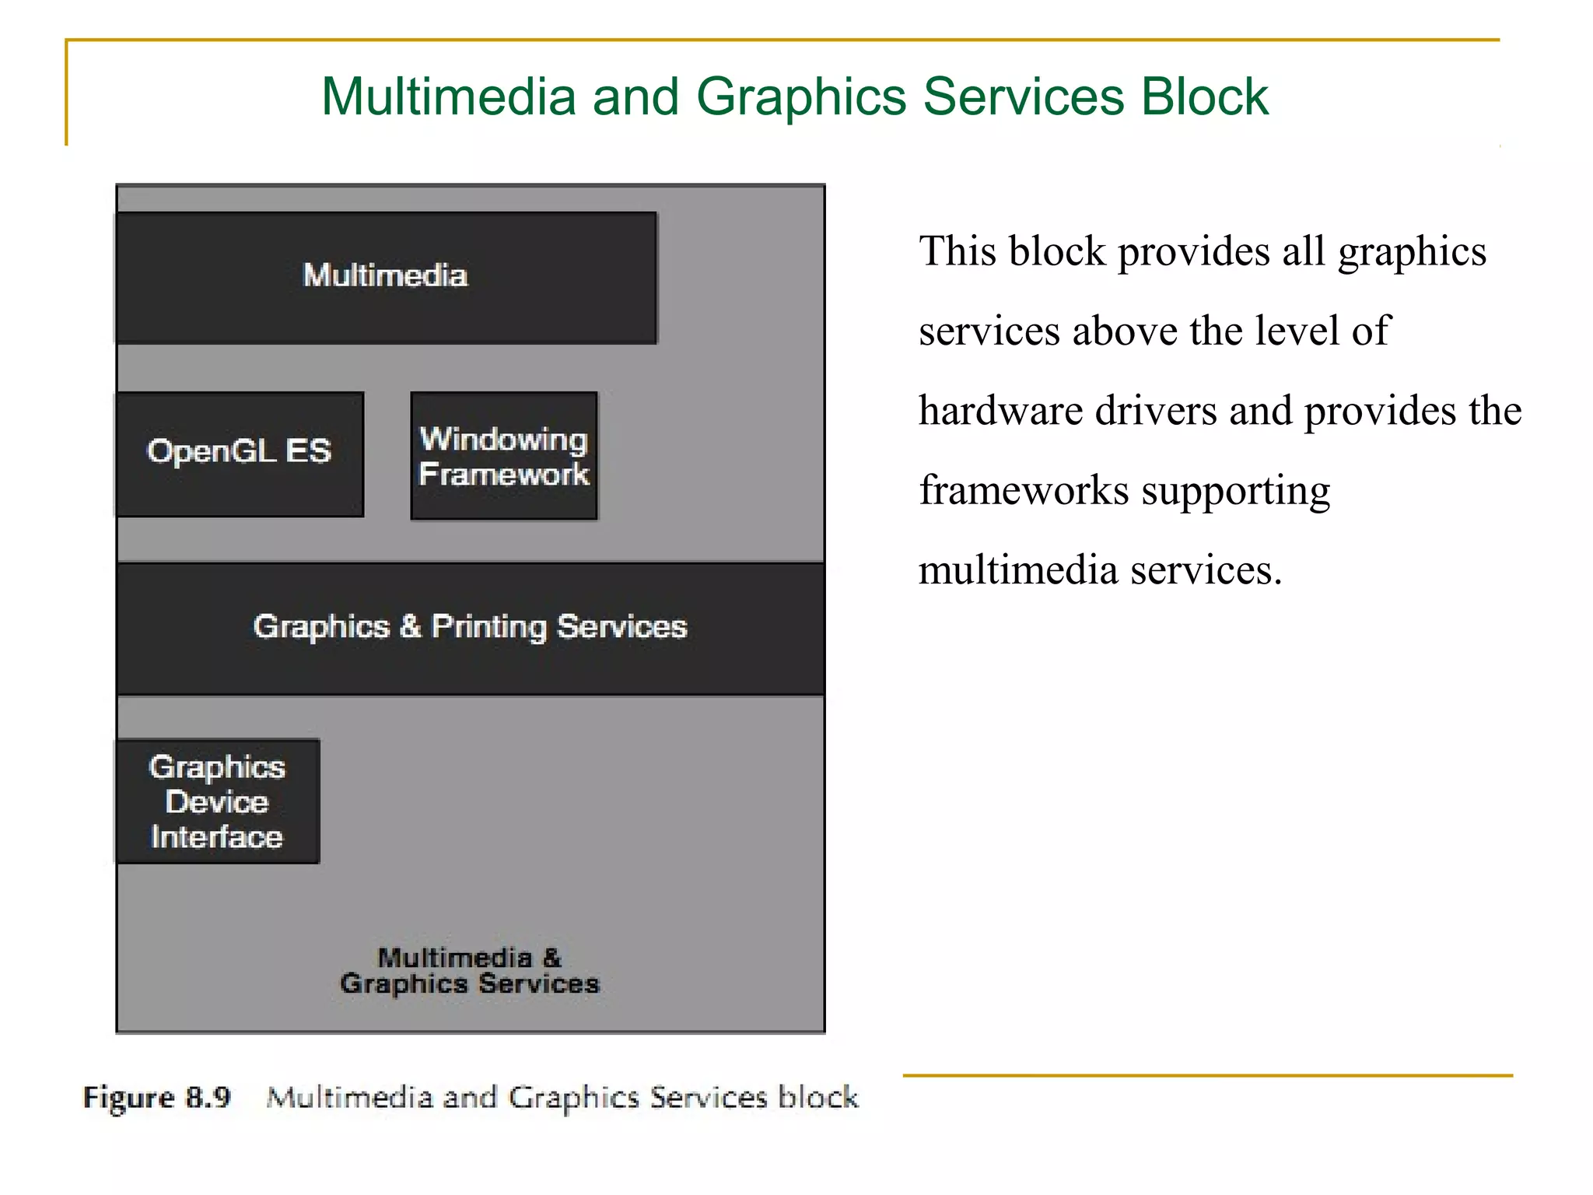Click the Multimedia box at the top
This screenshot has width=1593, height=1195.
[386, 277]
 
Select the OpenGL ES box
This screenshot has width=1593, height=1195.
[240, 453]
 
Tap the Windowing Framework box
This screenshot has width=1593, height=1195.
[504, 456]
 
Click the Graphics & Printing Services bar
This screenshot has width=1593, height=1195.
[470, 627]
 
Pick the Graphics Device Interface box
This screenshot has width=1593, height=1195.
[218, 801]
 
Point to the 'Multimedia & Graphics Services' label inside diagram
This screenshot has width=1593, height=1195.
[470, 971]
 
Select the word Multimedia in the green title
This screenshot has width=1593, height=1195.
[449, 96]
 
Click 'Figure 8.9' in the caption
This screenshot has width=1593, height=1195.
[157, 1098]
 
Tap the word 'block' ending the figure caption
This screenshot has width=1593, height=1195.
[818, 1097]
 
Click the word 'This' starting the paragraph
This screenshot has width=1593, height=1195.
[958, 251]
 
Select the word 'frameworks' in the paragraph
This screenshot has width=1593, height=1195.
[1024, 491]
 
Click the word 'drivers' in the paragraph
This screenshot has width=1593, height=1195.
[1155, 411]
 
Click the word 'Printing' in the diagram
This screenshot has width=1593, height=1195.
[489, 627]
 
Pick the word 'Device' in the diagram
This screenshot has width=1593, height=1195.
[217, 802]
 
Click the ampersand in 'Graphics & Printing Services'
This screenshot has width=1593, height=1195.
[410, 626]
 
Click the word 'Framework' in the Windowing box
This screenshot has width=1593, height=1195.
[504, 474]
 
